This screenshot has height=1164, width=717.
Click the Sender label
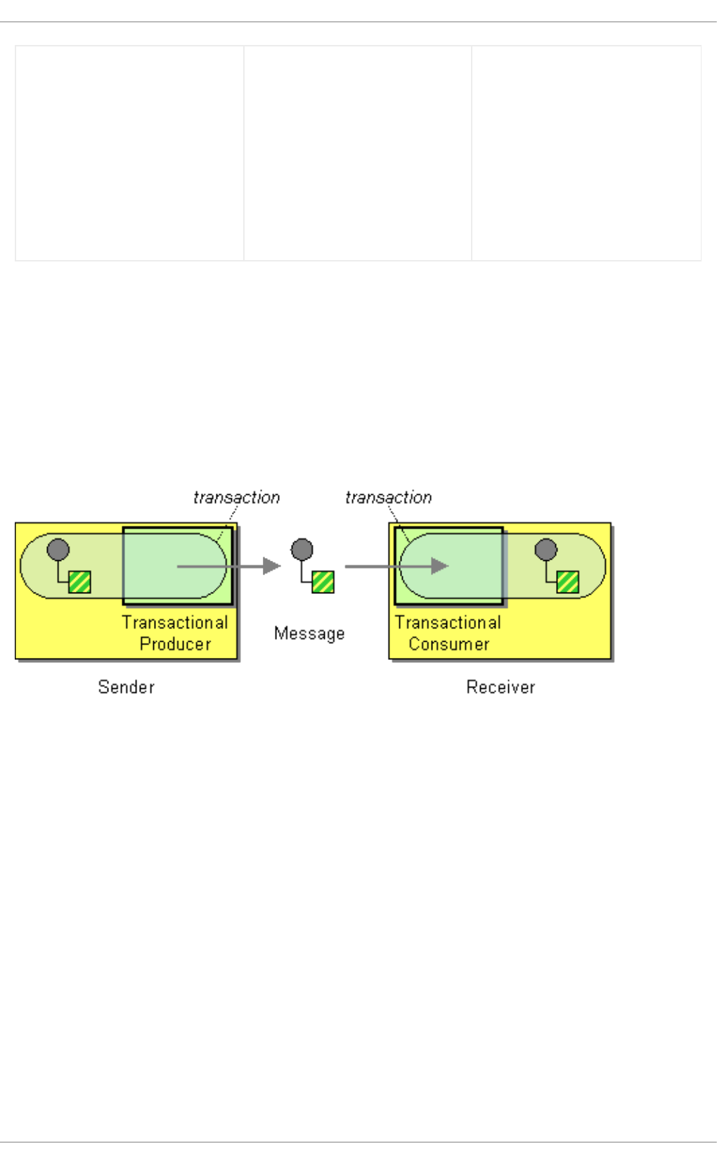pyautogui.click(x=126, y=687)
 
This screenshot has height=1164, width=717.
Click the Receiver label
pyautogui.click(x=500, y=687)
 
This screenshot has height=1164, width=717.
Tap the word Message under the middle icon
pyautogui.click(x=309, y=633)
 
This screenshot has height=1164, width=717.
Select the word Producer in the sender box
pyautogui.click(x=175, y=644)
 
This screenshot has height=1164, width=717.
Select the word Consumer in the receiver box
pyautogui.click(x=448, y=644)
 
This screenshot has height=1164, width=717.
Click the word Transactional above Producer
pyautogui.click(x=174, y=623)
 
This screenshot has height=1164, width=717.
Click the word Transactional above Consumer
pyautogui.click(x=448, y=623)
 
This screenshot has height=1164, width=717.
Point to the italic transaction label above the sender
pyautogui.click(x=236, y=498)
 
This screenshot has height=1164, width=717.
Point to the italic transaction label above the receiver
pyautogui.click(x=388, y=498)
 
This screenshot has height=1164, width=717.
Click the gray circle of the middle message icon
pyautogui.click(x=302, y=550)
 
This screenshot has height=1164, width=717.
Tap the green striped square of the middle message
pyautogui.click(x=323, y=582)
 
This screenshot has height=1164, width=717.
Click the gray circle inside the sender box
pyautogui.click(x=58, y=550)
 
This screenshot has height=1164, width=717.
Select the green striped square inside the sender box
pyautogui.click(x=79, y=582)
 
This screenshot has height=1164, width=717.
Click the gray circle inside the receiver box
pyautogui.click(x=545, y=550)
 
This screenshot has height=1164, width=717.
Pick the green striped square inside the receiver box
pyautogui.click(x=567, y=582)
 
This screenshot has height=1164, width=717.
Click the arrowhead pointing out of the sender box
pyautogui.click(x=271, y=566)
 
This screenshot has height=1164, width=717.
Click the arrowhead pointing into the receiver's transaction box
pyautogui.click(x=440, y=566)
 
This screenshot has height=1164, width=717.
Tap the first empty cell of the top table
pyautogui.click(x=130, y=153)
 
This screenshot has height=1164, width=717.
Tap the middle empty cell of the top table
pyautogui.click(x=358, y=153)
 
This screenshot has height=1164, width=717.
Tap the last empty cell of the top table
pyautogui.click(x=586, y=153)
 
